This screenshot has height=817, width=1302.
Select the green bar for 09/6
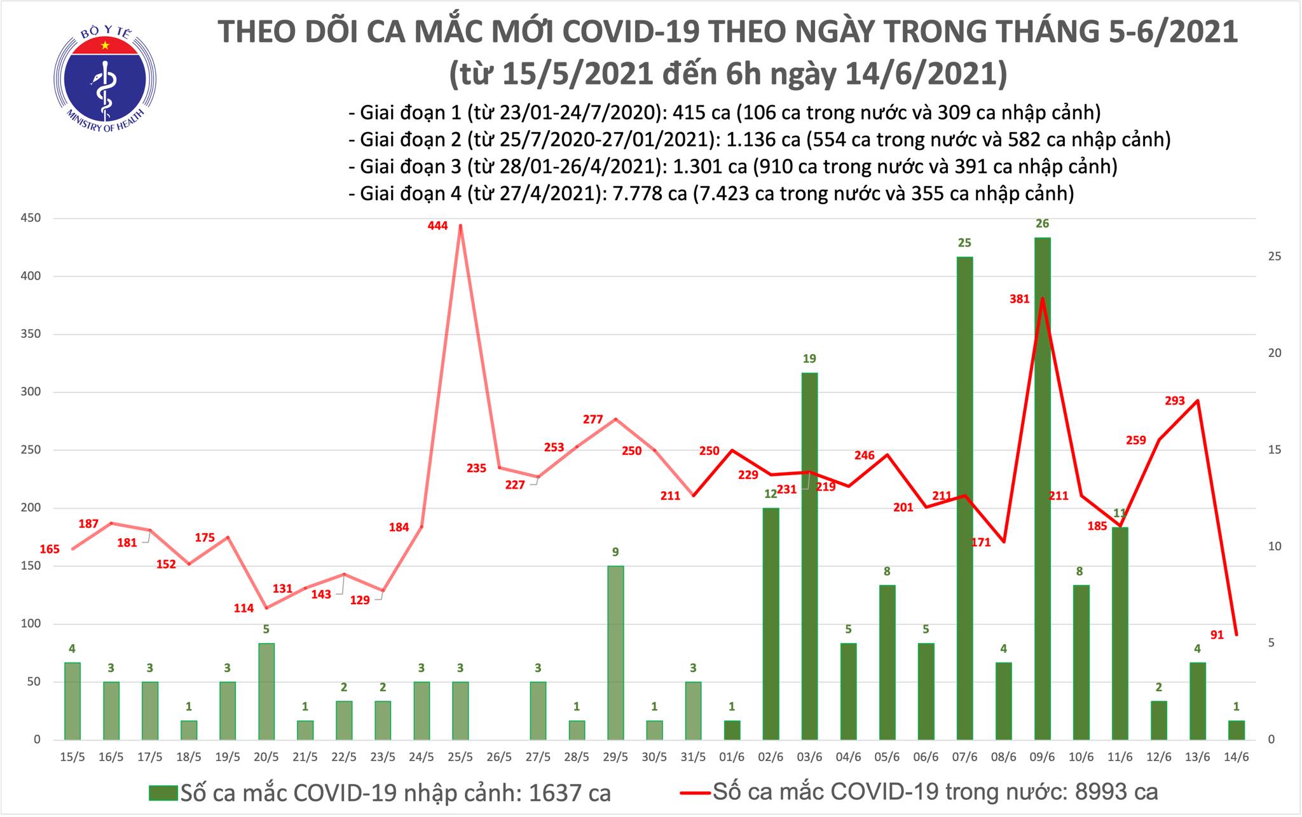point(1042,489)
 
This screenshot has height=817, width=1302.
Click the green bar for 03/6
point(809,556)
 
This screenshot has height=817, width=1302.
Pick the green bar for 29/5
point(615,652)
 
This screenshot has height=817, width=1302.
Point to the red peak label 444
point(437,226)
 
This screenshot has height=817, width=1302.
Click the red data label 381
point(1019,299)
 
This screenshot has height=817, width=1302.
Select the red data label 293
point(1174,401)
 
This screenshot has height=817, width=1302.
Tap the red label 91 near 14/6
point(1217,635)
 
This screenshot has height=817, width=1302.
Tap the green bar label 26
point(1042,224)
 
